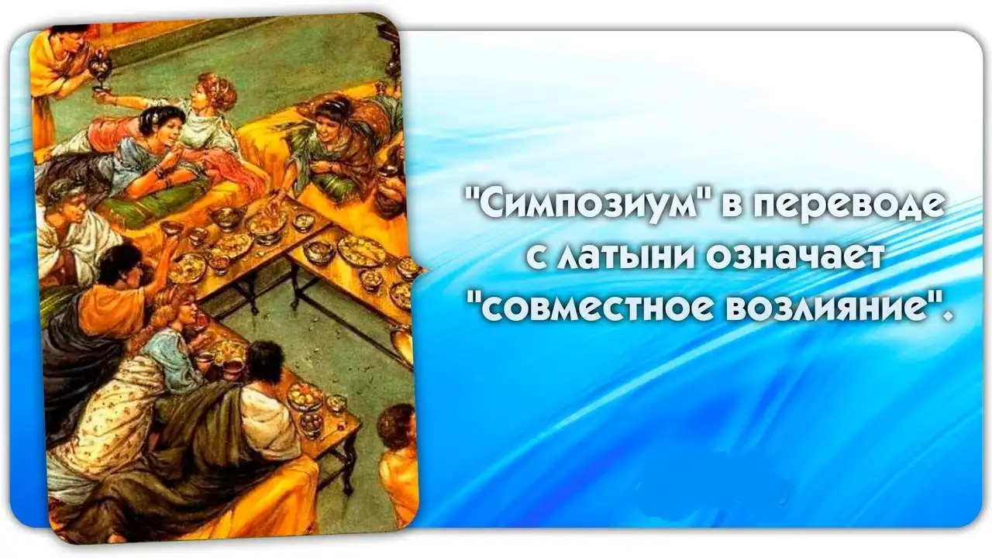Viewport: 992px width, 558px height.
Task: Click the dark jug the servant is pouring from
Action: (100, 67)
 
